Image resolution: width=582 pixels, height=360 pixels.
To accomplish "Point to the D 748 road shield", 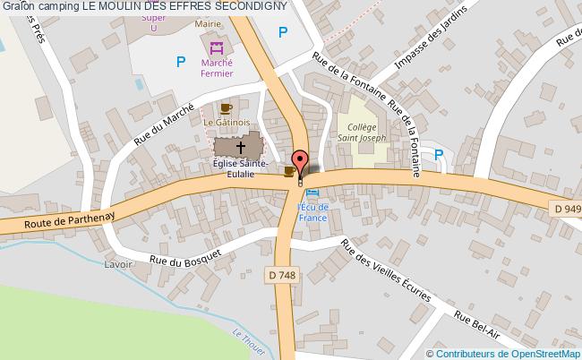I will click(279, 277).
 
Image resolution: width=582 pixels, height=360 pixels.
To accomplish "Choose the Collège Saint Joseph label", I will click(362, 133).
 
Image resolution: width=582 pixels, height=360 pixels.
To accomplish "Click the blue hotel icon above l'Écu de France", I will click(311, 192).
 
